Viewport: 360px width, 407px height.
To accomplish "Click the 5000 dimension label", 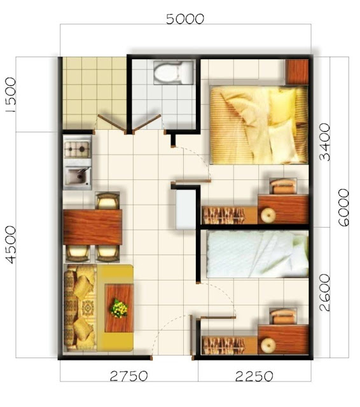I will pyautogui.click(x=184, y=18).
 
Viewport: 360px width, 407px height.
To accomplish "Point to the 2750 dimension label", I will pyautogui.click(x=129, y=376).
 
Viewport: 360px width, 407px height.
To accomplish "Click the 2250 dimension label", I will pyautogui.click(x=254, y=376).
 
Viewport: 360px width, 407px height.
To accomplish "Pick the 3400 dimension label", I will pyautogui.click(x=324, y=141).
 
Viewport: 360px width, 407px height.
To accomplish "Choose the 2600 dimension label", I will pyautogui.click(x=324, y=293).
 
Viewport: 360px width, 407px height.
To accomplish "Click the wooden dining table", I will pyautogui.click(x=93, y=227).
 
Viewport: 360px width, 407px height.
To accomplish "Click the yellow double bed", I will pyautogui.click(x=258, y=125).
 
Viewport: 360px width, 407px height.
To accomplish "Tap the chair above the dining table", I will pyautogui.click(x=107, y=201).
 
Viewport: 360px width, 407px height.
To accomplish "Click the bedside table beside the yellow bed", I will pyautogui.click(x=296, y=71).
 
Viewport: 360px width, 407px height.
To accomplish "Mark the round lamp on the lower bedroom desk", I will pyautogui.click(x=267, y=345).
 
